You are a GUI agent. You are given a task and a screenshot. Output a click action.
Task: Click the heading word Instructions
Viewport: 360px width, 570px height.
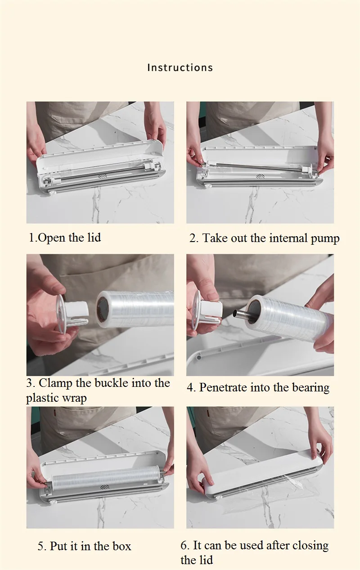(180, 67)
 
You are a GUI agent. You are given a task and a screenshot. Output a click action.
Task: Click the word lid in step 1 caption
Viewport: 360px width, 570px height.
(94, 238)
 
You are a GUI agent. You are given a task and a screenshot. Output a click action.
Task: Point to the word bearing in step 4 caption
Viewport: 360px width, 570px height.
(310, 388)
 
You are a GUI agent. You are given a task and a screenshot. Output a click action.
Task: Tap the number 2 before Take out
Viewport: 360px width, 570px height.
(194, 238)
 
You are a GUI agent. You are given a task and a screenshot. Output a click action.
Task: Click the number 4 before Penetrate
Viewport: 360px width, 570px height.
(191, 387)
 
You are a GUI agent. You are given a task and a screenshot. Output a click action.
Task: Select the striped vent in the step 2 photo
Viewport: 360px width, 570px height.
(261, 176)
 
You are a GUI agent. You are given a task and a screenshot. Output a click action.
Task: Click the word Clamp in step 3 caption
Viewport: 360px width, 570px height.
(55, 383)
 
